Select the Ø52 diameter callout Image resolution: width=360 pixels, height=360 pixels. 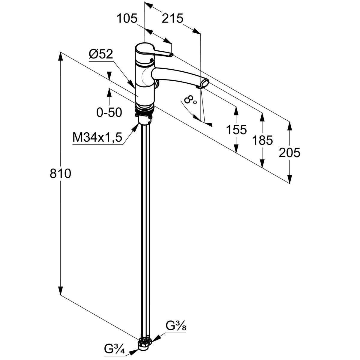(101, 55)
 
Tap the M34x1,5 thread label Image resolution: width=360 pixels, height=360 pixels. (97, 138)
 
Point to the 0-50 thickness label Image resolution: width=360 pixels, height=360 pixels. (109, 112)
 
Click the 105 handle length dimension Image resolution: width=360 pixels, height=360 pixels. (127, 19)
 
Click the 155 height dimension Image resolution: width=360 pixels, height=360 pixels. (236, 130)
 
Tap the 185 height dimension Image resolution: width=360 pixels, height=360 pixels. (262, 140)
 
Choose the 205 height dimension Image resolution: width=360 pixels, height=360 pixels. (289, 153)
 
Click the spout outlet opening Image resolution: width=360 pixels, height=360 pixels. (205, 82)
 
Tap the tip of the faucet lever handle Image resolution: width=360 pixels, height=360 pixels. (171, 55)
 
